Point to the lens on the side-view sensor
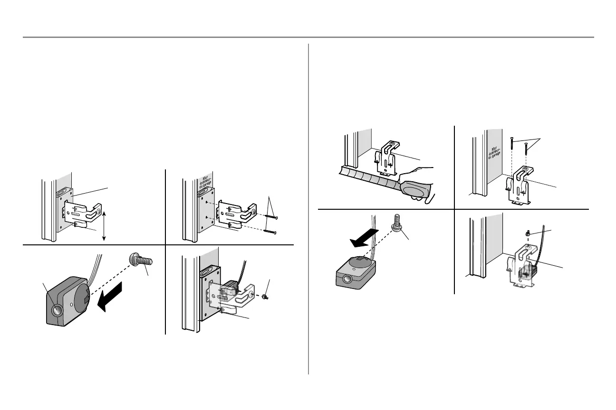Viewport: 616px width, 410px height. (x=58, y=311)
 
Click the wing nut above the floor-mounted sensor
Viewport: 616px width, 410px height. (x=528, y=233)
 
